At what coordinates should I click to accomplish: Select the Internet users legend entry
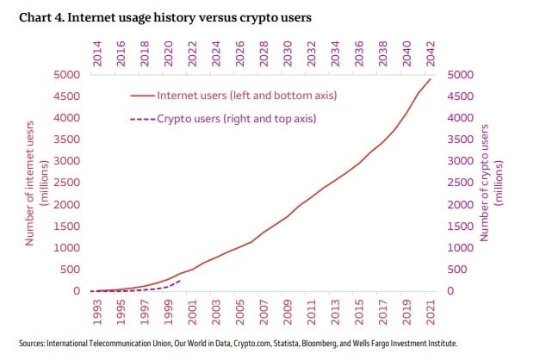233,95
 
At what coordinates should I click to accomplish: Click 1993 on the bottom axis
97,310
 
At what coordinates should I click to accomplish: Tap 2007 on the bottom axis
264,310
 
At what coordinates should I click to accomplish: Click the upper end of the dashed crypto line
179,280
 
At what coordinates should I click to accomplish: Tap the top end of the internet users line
430,80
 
